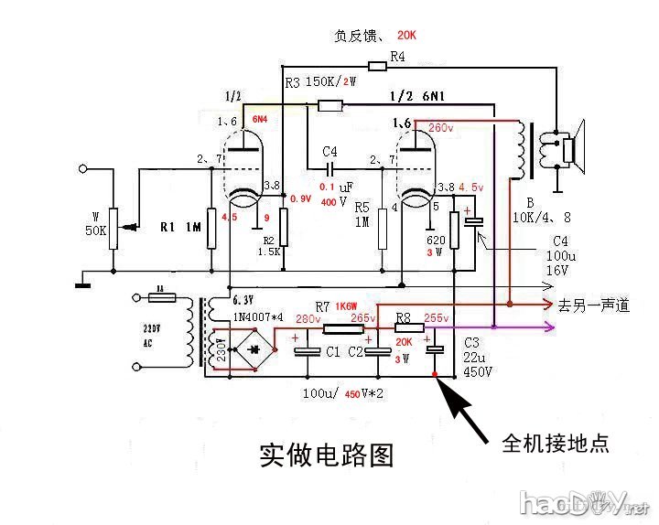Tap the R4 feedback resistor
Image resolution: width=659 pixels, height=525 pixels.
(x=378, y=65)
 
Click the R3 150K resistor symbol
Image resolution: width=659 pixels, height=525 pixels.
(x=329, y=106)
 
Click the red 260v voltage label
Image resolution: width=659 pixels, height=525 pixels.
(x=439, y=128)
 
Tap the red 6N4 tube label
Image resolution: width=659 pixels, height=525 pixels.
(x=261, y=120)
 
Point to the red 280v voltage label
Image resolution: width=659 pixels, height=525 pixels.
(x=308, y=319)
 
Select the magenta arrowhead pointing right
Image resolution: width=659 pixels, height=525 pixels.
(x=548, y=328)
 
